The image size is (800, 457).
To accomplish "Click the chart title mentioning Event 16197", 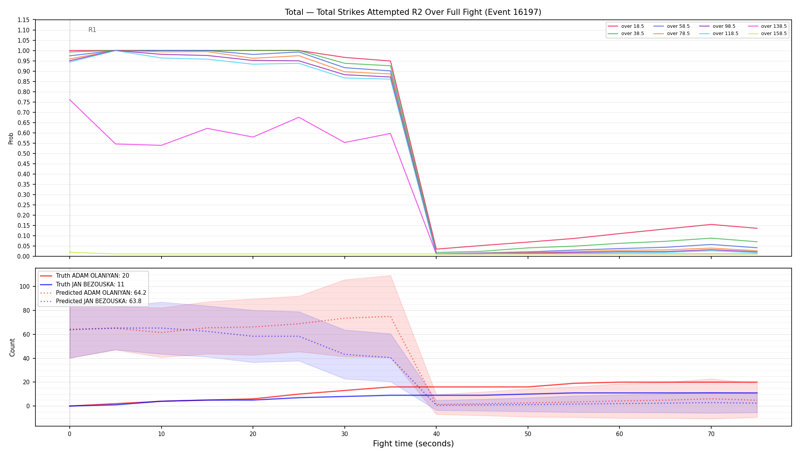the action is click(x=413, y=12).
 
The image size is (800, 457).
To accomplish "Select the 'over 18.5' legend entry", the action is click(x=626, y=26).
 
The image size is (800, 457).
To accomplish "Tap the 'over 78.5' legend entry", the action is click(x=672, y=34).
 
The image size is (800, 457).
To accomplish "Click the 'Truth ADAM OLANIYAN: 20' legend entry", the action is click(x=93, y=276).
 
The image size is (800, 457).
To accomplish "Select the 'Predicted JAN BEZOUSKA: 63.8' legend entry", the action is click(x=93, y=301).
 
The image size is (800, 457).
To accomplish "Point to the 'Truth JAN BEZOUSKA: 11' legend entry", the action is click(x=93, y=284).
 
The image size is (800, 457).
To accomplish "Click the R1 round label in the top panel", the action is click(x=92, y=30).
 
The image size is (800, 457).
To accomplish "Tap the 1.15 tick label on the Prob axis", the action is click(x=24, y=20).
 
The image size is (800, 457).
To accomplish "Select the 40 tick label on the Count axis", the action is click(x=27, y=358).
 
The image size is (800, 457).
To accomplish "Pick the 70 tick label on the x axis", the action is click(x=711, y=433).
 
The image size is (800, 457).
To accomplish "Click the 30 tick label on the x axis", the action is click(x=344, y=433).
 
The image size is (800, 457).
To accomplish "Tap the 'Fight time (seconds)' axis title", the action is click(x=413, y=444).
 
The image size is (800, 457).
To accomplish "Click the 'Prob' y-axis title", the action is click(x=11, y=138).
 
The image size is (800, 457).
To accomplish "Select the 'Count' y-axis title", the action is click(x=12, y=347).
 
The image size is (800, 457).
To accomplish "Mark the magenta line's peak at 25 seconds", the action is click(x=299, y=117).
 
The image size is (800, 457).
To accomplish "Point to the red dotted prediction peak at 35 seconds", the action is click(x=390, y=316).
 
